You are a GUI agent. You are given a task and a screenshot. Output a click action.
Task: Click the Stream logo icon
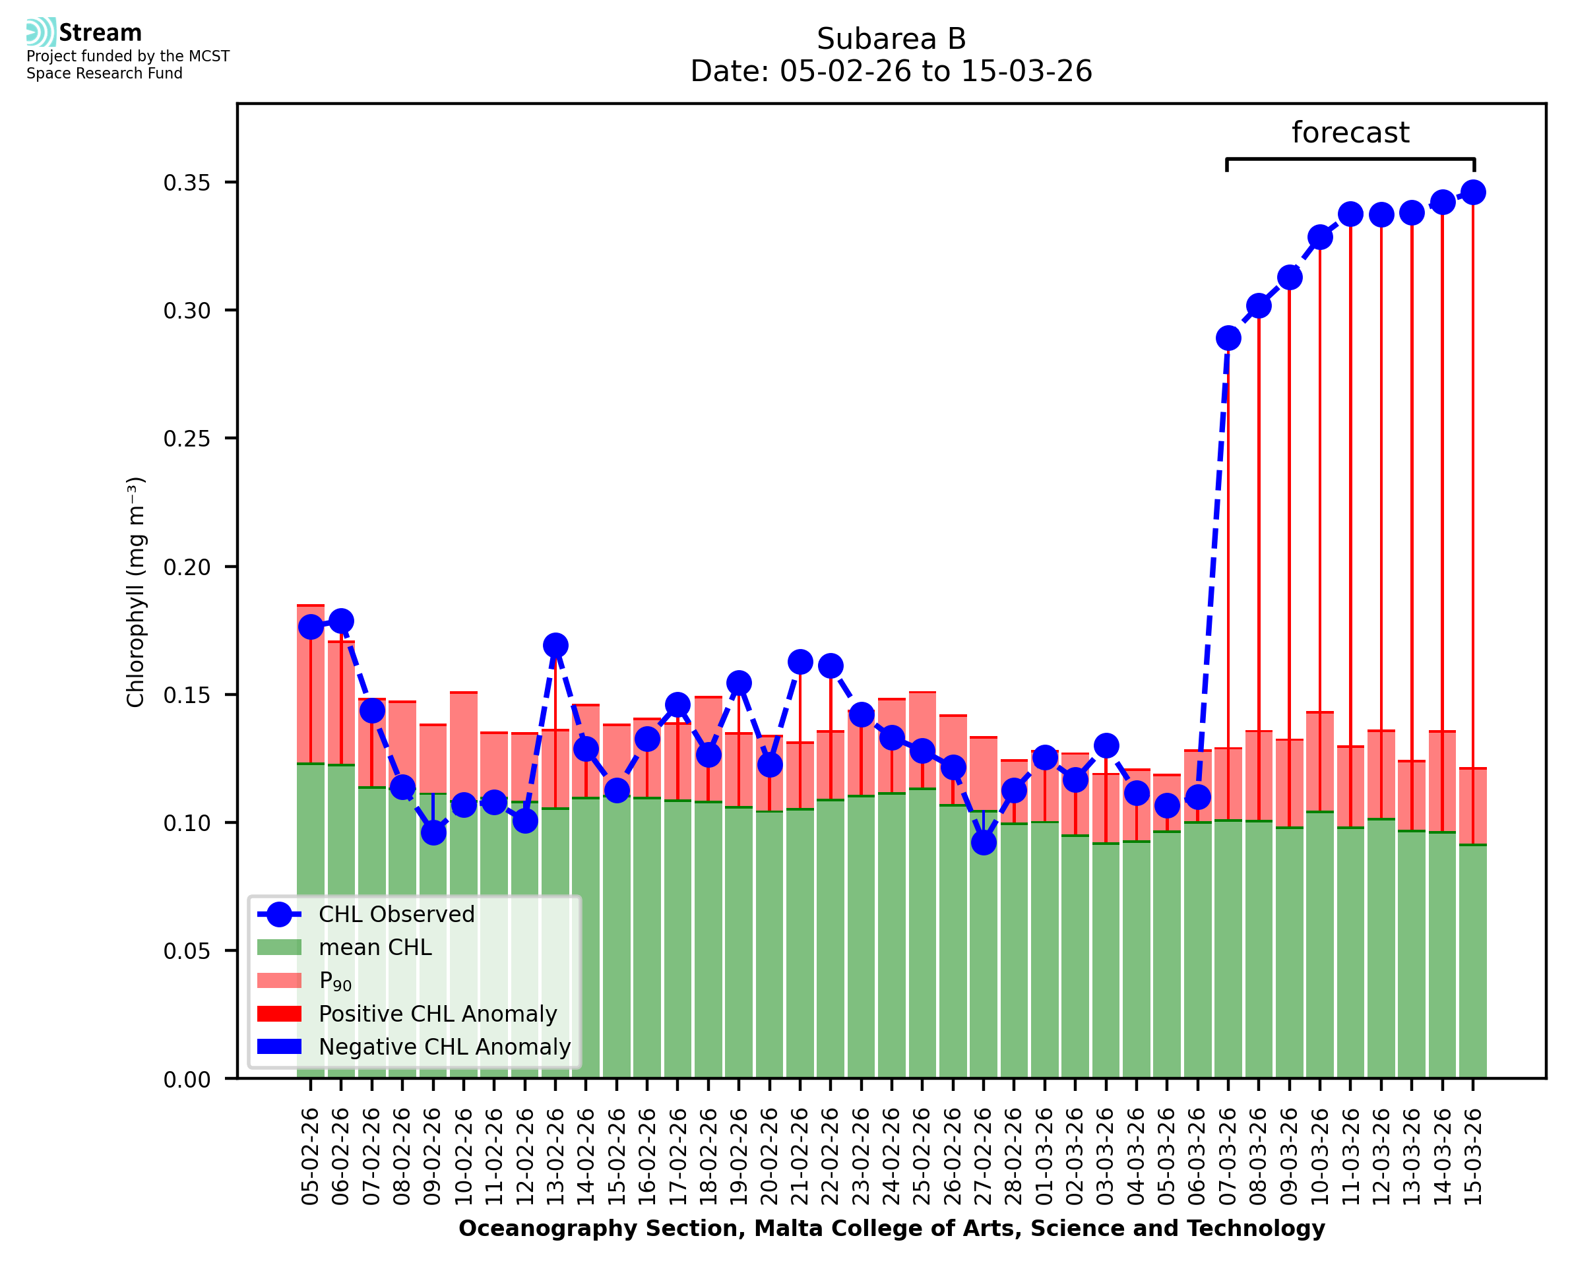(x=41, y=32)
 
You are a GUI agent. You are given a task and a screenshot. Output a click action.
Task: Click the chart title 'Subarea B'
(x=891, y=39)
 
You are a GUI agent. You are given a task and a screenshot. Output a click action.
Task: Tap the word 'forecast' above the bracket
(x=1350, y=133)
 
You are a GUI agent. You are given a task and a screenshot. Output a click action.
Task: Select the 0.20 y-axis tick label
(x=187, y=567)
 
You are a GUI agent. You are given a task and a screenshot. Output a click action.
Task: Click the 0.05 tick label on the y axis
(x=187, y=951)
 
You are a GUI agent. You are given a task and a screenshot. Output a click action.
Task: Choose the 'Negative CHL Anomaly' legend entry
(x=444, y=1047)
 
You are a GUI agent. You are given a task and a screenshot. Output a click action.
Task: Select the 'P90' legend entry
(x=335, y=981)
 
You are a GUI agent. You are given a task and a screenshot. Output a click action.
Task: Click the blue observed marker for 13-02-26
(x=555, y=645)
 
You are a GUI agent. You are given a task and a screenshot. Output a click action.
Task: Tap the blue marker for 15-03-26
(x=1473, y=193)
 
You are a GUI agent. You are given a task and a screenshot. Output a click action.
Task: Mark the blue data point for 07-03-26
(x=1228, y=338)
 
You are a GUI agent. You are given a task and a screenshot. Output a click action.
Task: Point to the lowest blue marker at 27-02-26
(x=984, y=843)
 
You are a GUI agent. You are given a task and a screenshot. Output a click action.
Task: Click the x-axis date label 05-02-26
(x=310, y=1157)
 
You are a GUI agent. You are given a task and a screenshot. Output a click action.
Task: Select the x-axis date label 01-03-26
(x=1044, y=1157)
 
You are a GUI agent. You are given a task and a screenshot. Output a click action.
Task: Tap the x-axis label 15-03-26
(x=1473, y=1157)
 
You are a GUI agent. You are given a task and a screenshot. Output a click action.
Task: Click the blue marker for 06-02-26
(x=341, y=622)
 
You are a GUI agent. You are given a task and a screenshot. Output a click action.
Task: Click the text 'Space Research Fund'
(x=104, y=73)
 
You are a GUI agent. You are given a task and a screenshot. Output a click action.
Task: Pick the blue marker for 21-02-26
(x=800, y=662)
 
